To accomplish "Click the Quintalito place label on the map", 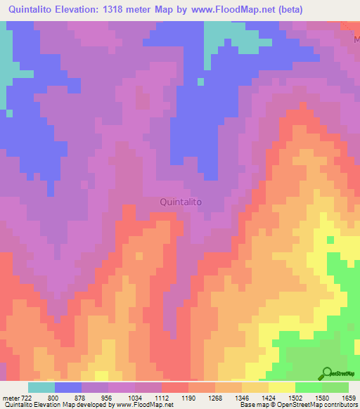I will [x=181, y=202].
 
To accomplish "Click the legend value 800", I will [x=53, y=398].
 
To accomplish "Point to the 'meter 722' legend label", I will [x=16, y=398].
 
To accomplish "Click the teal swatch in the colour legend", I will [x=41, y=387].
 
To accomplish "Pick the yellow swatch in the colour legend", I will [x=281, y=387].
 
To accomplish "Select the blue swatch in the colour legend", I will [x=67, y=387].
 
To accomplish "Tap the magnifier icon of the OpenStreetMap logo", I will [x=327, y=372].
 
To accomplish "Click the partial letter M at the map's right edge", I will [x=356, y=40].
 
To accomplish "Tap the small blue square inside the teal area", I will [x=200, y=82].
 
